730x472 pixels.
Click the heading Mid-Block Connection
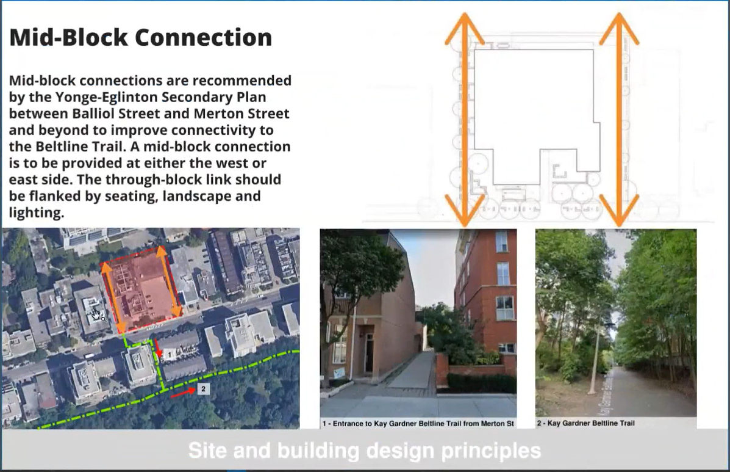point(141,38)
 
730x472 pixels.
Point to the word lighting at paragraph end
point(37,213)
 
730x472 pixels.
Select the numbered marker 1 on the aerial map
point(170,355)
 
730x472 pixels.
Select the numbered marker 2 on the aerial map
point(203,388)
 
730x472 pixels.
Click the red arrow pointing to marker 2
point(183,393)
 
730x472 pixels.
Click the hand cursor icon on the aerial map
point(98,316)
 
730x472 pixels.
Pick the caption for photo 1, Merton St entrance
point(418,424)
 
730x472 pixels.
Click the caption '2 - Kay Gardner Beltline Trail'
point(585,423)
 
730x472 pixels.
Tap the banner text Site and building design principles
point(365,451)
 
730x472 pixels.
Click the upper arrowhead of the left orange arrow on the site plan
point(465,28)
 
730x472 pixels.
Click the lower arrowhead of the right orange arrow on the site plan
point(619,210)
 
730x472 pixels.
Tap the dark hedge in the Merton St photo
point(481,383)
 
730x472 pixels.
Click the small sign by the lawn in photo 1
point(340,374)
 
